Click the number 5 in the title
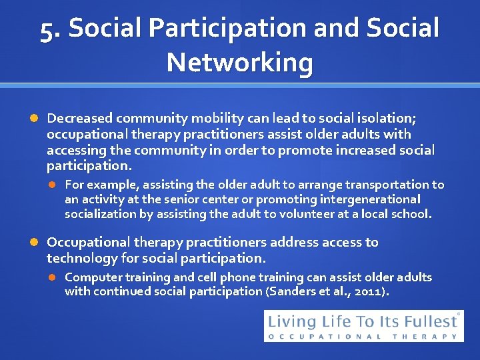[47, 30]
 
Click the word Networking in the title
[240, 63]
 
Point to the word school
[412, 214]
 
